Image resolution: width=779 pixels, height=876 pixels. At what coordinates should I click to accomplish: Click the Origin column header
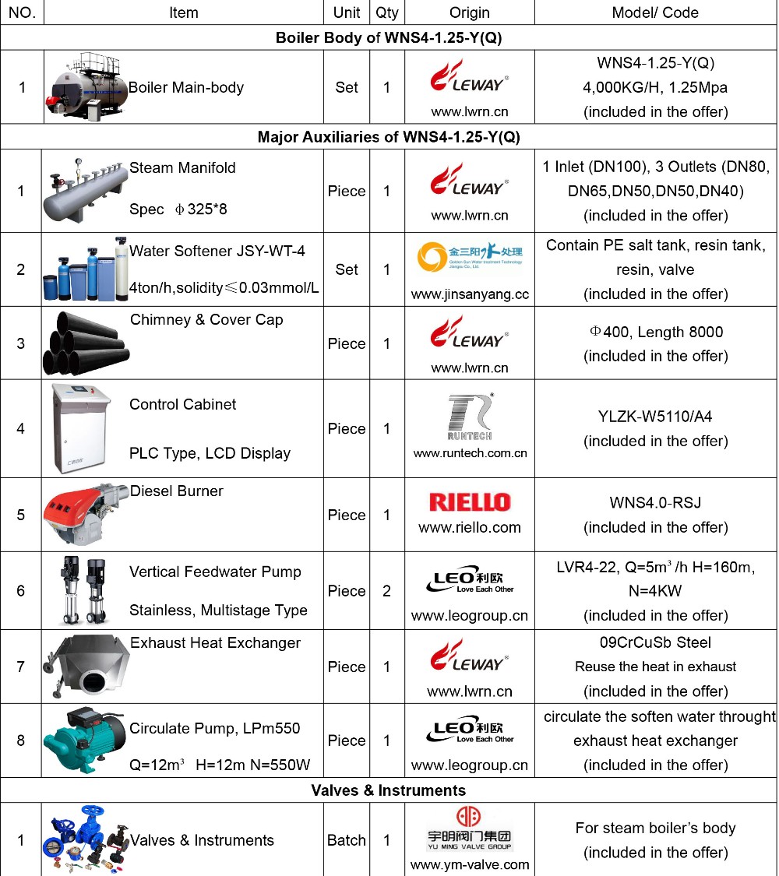point(469,12)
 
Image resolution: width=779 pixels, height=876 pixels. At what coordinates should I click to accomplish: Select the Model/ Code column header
point(655,12)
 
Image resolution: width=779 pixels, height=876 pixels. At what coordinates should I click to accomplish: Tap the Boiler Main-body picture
point(86,87)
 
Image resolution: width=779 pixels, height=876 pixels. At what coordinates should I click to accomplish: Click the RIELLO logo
point(469,502)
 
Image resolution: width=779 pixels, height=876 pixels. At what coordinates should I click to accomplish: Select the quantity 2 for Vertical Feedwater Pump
point(387,591)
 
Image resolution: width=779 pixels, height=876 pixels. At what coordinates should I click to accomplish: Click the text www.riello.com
point(469,527)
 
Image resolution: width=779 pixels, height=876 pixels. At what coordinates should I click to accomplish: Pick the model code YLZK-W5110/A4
point(655,417)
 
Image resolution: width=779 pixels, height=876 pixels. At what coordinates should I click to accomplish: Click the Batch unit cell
point(347,840)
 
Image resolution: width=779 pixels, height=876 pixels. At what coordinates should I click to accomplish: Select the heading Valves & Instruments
point(388,790)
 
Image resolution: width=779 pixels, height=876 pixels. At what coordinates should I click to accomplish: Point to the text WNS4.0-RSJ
point(655,502)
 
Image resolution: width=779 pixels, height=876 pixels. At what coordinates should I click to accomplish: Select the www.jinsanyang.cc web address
point(469,294)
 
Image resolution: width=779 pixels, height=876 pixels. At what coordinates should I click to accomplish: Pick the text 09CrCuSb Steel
point(655,642)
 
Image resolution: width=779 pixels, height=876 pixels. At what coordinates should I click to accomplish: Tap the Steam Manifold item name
point(182,167)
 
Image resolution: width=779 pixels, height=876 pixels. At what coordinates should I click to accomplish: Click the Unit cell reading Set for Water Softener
point(347,269)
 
